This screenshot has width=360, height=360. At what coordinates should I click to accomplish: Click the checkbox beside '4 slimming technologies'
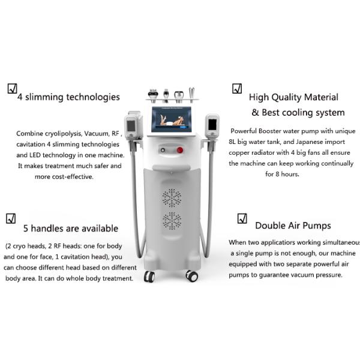click(13, 89)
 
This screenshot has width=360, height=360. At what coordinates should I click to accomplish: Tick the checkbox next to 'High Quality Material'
click(237, 89)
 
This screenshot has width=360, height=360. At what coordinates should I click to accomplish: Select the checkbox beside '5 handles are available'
click(11, 218)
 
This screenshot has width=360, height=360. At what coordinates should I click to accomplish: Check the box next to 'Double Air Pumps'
click(242, 218)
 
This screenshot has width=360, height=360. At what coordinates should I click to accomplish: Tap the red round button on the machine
click(180, 151)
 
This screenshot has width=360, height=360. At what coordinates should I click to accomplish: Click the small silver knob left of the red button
click(163, 150)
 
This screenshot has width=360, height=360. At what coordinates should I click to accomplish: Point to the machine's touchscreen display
click(172, 119)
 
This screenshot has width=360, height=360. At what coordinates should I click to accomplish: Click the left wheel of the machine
click(149, 276)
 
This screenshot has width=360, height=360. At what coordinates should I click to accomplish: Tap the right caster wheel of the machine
click(192, 275)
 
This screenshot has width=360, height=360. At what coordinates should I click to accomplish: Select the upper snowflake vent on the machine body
click(172, 198)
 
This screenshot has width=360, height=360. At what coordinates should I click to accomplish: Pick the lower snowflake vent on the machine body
click(172, 221)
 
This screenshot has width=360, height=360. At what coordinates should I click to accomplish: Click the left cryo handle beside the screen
click(133, 125)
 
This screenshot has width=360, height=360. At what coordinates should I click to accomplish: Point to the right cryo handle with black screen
click(212, 125)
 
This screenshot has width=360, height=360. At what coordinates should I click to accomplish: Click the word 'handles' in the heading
click(47, 229)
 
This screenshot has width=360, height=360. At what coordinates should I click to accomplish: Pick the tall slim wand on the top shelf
click(192, 94)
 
